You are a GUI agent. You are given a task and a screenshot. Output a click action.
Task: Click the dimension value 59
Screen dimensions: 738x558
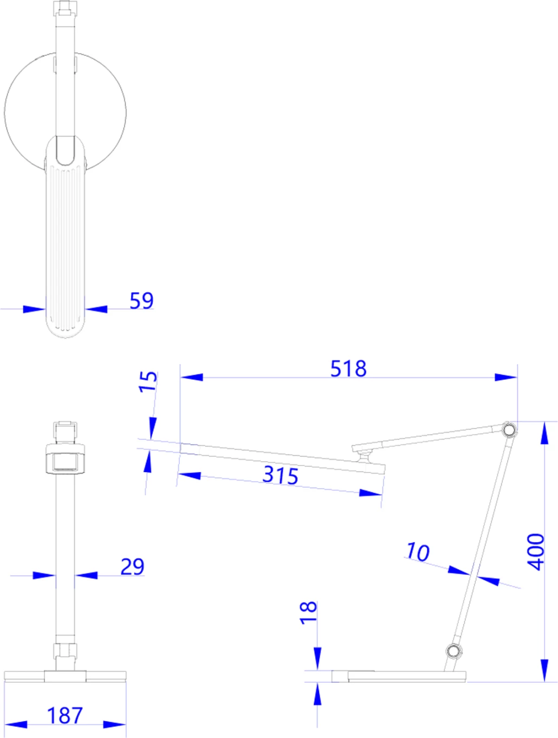coord(141,300)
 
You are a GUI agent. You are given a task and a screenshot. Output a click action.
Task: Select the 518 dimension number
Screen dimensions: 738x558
coord(348,368)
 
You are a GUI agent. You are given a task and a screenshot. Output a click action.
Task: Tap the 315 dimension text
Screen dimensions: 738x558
coord(280,475)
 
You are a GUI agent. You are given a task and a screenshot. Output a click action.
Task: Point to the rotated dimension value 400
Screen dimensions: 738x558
coord(536,551)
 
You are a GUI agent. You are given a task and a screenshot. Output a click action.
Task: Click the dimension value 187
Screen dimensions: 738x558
coord(65,715)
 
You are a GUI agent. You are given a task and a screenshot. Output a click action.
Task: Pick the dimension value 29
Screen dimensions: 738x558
coord(132,567)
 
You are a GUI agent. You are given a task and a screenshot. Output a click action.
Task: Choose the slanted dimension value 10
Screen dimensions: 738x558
coord(418,552)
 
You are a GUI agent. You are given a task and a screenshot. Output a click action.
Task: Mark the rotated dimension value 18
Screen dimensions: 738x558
coord(308,613)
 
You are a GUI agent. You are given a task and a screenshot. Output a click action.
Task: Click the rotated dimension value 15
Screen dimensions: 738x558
coord(148,381)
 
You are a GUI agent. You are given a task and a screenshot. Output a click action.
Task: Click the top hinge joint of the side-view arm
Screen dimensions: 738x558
coord(508,430)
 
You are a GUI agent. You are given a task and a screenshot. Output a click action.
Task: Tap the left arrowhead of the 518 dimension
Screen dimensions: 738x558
coord(191,377)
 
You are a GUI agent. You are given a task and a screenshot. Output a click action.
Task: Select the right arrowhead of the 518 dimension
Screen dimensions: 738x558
coord(506,377)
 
